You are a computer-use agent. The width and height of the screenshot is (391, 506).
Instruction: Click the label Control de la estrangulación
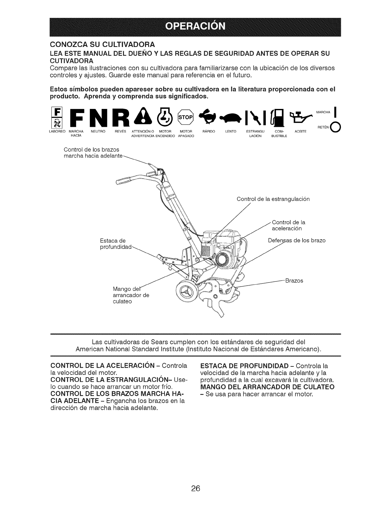273,199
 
